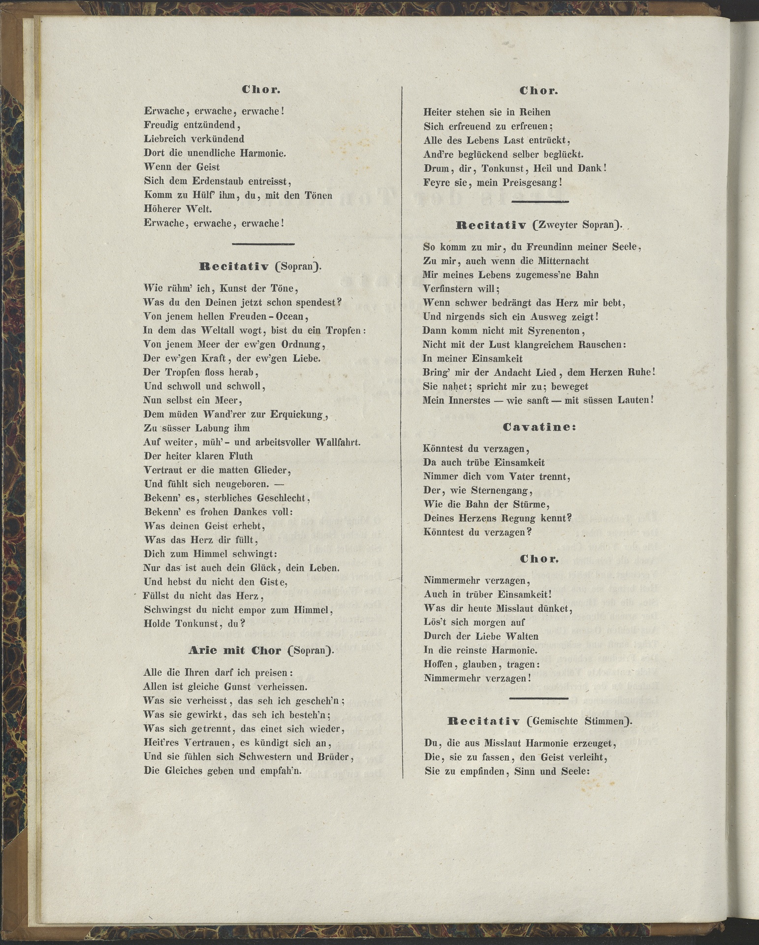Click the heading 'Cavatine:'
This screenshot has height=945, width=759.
coord(539,427)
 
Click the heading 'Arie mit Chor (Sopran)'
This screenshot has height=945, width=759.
coord(261,651)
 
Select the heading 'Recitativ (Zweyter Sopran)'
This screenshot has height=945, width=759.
coord(539,225)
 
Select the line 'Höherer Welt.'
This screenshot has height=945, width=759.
coord(178,209)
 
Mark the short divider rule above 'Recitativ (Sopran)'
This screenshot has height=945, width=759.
coord(263,244)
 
